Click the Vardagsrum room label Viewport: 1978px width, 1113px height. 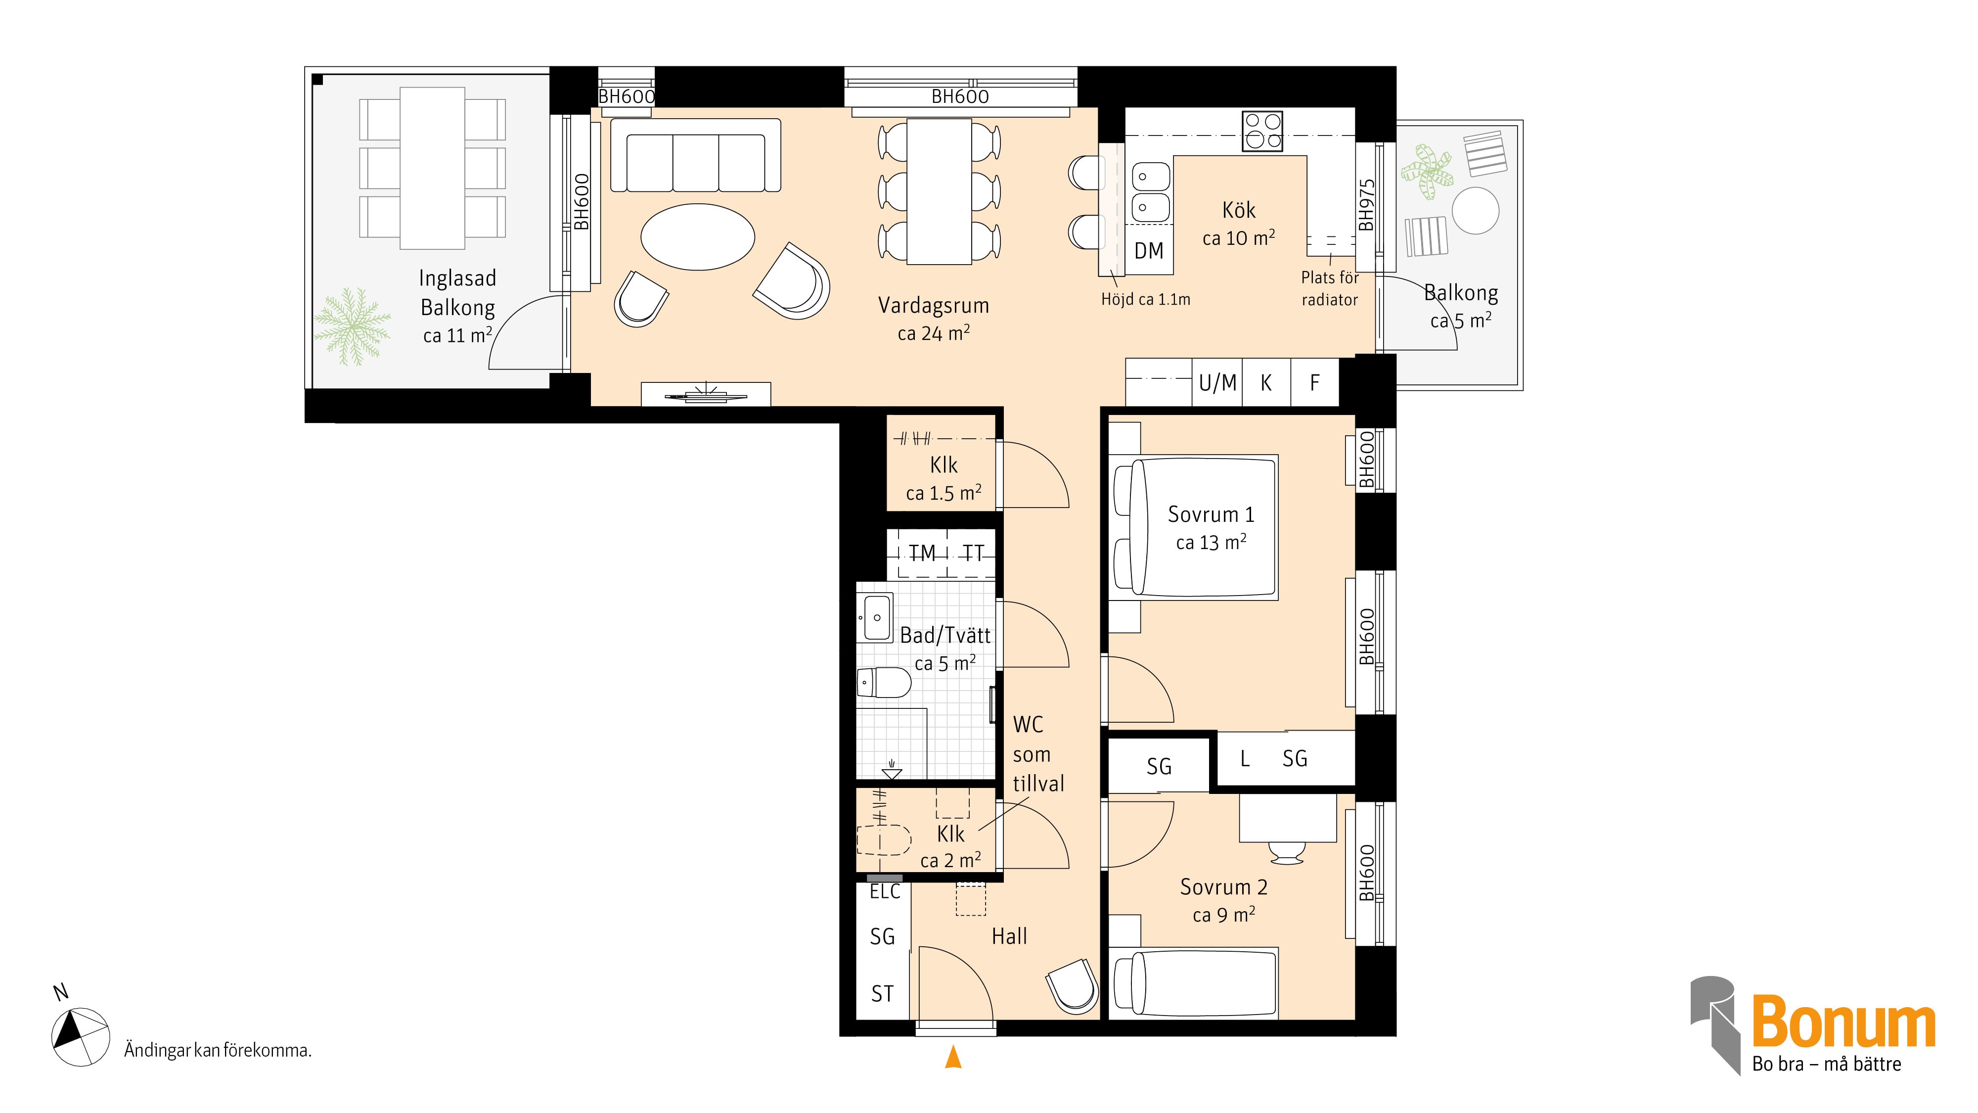[x=933, y=306]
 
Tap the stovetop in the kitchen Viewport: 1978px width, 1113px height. [x=1262, y=132]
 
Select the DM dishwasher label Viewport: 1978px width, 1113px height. [x=1149, y=250]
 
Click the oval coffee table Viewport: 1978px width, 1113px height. [x=697, y=236]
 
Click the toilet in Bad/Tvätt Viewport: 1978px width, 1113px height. [x=883, y=682]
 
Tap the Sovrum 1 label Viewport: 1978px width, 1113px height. [x=1211, y=514]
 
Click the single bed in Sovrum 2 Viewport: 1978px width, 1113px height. [x=1194, y=982]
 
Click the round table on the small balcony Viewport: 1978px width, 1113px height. [x=1475, y=210]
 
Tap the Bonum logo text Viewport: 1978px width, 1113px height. [x=1843, y=1021]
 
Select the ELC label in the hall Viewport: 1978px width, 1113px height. [x=885, y=892]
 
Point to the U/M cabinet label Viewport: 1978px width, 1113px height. [x=1218, y=382]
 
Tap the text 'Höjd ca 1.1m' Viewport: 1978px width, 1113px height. [x=1146, y=300]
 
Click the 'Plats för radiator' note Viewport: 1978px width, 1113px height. [x=1330, y=288]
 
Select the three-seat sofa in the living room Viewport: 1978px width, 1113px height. [x=696, y=155]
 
